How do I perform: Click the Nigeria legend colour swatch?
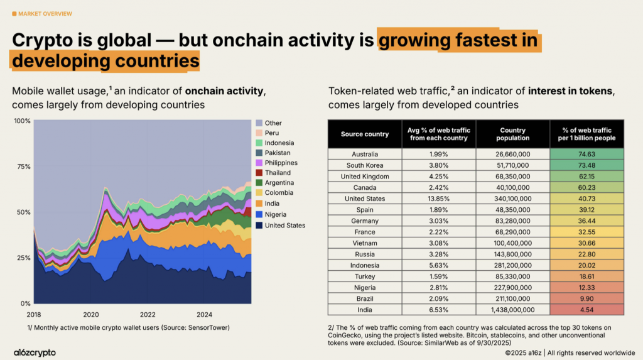259,214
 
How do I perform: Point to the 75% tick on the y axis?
23,166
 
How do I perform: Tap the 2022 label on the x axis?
148,314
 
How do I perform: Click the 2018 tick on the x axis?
35,314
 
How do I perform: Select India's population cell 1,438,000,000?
513,309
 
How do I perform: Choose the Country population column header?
513,134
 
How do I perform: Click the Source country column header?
365,134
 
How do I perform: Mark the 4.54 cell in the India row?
586,309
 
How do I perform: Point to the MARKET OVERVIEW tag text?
45,13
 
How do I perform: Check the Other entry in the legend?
274,123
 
